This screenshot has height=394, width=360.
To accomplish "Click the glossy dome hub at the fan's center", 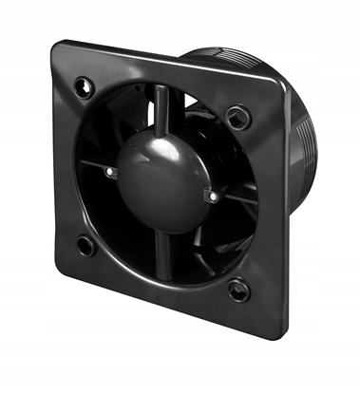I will point(158,180).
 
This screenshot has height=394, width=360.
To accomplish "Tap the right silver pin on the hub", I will point(212,197).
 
